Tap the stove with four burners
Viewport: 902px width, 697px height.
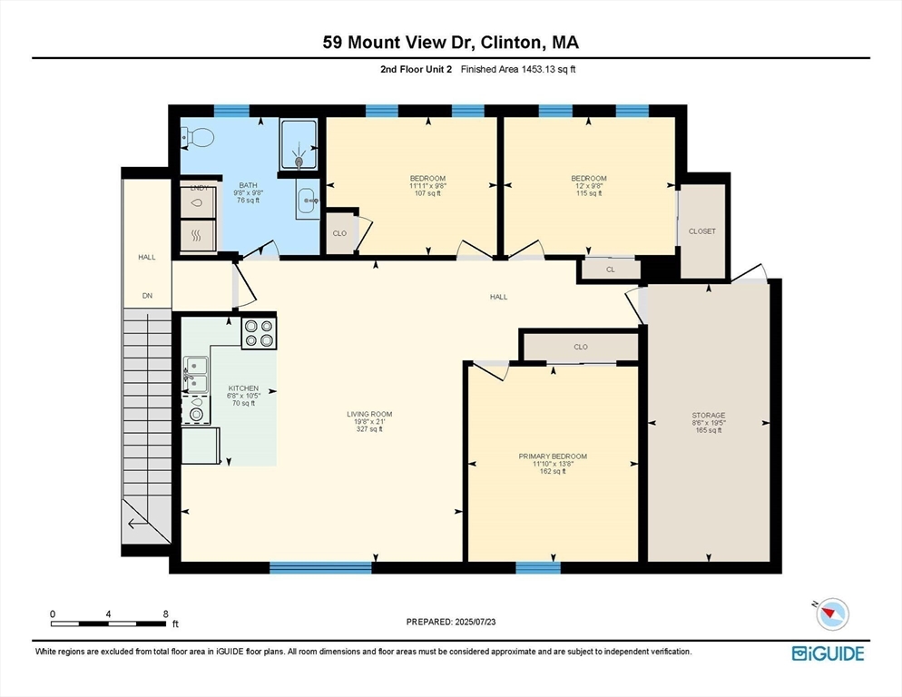click(x=259, y=333)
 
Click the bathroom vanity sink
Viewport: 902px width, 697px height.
click(x=306, y=198)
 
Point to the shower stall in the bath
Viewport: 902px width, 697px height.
click(x=298, y=143)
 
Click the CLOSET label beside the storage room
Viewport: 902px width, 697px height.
click(x=702, y=231)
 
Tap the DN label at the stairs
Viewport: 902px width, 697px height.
click(x=147, y=296)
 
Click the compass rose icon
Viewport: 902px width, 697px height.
click(x=831, y=614)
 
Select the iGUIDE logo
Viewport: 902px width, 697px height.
click(x=827, y=653)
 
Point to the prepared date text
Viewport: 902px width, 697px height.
click(x=452, y=622)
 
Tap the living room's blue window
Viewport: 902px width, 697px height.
click(x=320, y=568)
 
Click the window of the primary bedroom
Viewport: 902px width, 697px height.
click(x=538, y=568)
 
